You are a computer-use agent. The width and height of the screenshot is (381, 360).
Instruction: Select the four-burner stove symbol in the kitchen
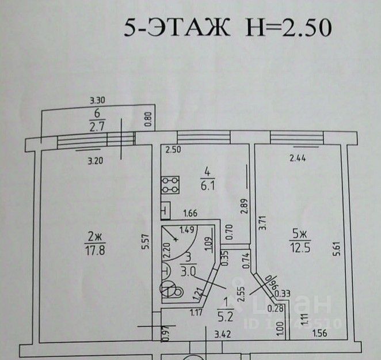tap(170, 185)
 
